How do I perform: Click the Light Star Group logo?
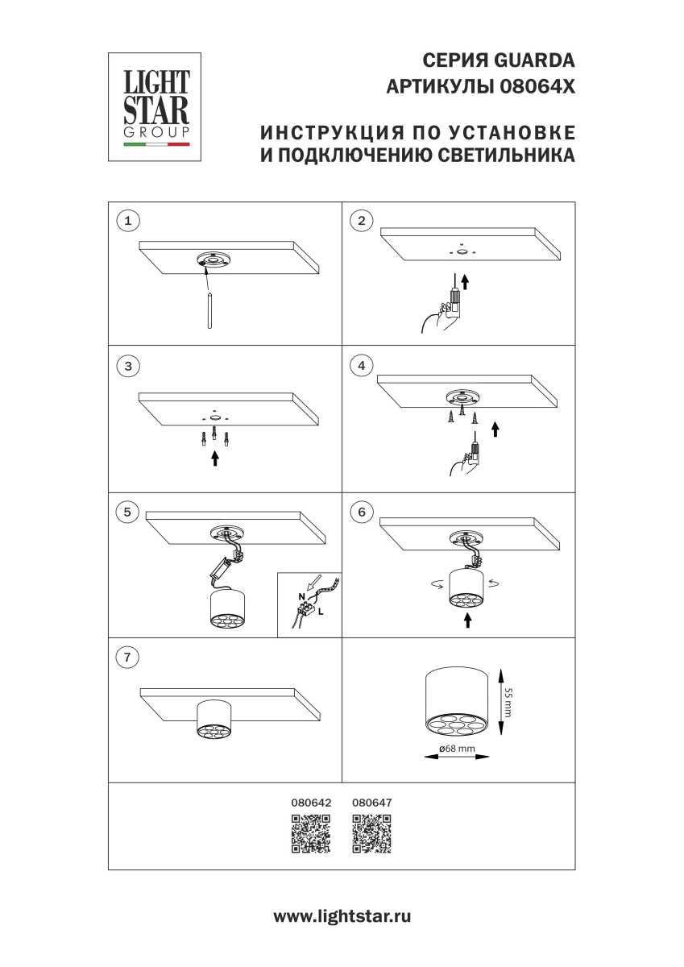point(155,107)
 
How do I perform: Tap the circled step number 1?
point(127,220)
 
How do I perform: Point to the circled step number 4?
point(361,366)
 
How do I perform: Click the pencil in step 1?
point(209,310)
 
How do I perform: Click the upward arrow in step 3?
point(214,459)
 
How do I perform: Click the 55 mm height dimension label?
point(508,703)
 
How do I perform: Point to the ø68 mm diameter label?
point(457,749)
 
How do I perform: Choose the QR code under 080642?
point(311,833)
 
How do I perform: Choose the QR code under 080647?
point(372,833)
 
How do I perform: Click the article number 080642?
point(311,803)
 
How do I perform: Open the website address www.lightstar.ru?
point(342,916)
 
